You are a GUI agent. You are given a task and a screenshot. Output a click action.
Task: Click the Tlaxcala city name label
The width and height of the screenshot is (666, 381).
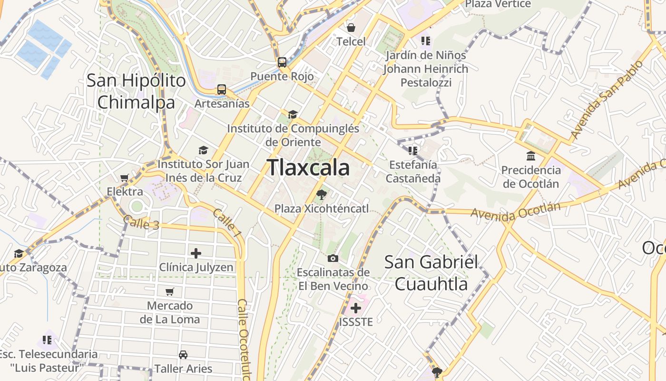coord(308,168)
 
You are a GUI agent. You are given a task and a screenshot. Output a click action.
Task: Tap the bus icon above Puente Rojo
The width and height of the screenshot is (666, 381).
coord(282,62)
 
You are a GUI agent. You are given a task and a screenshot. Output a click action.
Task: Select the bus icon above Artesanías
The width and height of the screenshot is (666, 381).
coord(222,90)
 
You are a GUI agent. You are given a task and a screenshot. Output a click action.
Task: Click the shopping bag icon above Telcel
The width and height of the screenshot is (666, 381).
coord(351,28)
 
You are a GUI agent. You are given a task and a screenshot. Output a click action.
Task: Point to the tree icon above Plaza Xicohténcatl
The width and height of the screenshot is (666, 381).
coord(322,194)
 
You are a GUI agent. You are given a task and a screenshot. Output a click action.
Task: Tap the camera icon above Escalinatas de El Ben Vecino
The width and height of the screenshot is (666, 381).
coord(333,258)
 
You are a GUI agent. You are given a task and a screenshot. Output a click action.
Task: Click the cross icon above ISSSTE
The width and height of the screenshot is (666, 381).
coord(356,308)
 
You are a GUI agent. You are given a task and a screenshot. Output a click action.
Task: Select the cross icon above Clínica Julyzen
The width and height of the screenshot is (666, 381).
coord(196,253)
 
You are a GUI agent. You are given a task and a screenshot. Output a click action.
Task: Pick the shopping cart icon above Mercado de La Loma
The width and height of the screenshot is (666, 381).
coord(170,291)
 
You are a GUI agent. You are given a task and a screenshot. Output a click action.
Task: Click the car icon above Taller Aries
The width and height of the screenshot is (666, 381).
coord(183,355)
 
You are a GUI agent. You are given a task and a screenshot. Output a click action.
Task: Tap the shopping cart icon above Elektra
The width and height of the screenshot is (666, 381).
coord(125,178)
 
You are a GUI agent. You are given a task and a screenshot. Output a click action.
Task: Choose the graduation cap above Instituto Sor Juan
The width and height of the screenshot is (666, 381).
coord(203,150)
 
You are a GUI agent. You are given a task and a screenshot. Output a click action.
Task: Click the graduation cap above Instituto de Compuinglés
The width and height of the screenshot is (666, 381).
coord(293,114)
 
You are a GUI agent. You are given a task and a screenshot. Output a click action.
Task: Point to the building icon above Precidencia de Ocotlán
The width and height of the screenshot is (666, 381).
coord(531,156)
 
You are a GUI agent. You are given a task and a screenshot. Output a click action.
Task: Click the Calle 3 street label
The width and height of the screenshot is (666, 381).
coord(141,222)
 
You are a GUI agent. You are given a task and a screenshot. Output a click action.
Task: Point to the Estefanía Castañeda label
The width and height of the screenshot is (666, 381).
coord(413,171)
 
